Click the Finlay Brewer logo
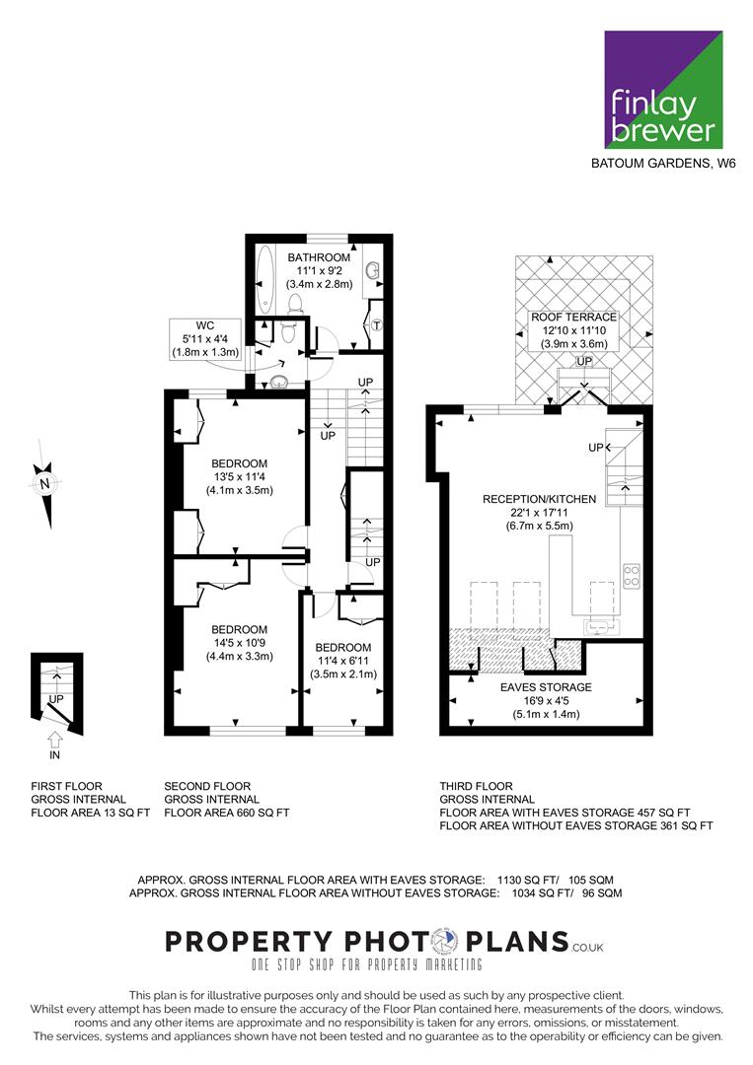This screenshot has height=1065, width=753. pyautogui.click(x=663, y=90)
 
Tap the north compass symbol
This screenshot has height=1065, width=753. pyautogui.click(x=44, y=483)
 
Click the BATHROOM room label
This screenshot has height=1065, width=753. pyautogui.click(x=319, y=257)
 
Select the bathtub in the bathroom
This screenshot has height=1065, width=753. pyautogui.click(x=264, y=277)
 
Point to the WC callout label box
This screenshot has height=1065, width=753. pyautogui.click(x=205, y=339)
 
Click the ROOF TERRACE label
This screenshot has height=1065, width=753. pyautogui.click(x=573, y=318)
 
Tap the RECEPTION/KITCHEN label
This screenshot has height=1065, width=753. pyautogui.click(x=539, y=499)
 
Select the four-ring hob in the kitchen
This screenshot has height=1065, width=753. pyautogui.click(x=632, y=575)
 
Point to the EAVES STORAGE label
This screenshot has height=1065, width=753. pyautogui.click(x=546, y=687)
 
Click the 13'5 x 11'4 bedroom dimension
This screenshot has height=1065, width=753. pyautogui.click(x=239, y=477)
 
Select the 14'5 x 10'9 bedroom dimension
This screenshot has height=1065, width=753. pyautogui.click(x=239, y=643)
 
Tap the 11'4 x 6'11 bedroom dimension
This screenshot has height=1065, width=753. pyautogui.click(x=343, y=661)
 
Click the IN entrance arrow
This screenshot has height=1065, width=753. pyautogui.click(x=55, y=739)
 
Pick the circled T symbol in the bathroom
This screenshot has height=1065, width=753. pyautogui.click(x=376, y=326)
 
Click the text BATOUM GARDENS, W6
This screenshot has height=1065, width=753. pyautogui.click(x=663, y=164)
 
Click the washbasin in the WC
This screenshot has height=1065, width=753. pyautogui.click(x=279, y=383)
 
